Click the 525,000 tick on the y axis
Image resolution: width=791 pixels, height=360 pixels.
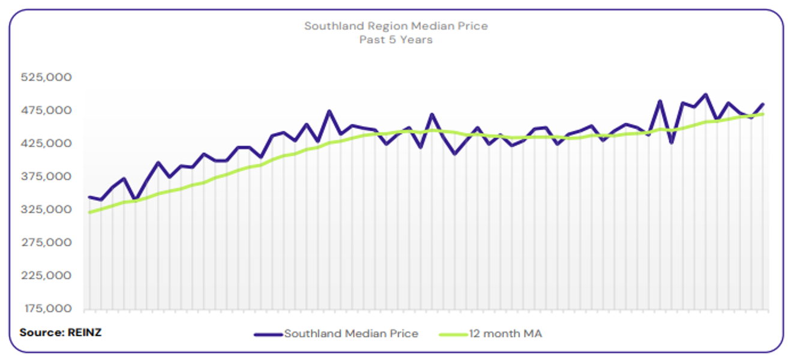(x=46, y=77)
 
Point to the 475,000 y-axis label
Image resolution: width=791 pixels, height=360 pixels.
(x=46, y=110)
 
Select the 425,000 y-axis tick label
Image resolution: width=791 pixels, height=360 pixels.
(x=46, y=143)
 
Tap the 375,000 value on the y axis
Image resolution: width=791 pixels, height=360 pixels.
(x=46, y=176)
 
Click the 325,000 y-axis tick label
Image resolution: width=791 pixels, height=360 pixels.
(x=46, y=209)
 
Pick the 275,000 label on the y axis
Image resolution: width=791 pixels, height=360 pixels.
(x=46, y=242)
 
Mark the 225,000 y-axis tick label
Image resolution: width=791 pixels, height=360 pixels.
(x=46, y=275)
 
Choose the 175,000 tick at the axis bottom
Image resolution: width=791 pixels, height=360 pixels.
(x=46, y=308)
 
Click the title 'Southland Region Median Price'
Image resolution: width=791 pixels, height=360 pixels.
(x=395, y=26)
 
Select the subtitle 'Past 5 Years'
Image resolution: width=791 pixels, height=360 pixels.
(x=395, y=40)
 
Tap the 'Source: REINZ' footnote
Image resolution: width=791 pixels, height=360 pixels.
(x=60, y=332)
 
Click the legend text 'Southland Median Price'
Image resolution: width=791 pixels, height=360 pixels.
(x=351, y=334)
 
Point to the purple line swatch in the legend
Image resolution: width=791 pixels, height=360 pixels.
(x=268, y=334)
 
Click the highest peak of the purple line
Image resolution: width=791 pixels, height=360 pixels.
(x=706, y=94)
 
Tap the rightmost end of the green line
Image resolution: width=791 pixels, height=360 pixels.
(x=763, y=114)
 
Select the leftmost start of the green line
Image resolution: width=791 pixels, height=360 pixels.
(x=89, y=212)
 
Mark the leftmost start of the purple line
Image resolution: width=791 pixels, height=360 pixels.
(x=89, y=197)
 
